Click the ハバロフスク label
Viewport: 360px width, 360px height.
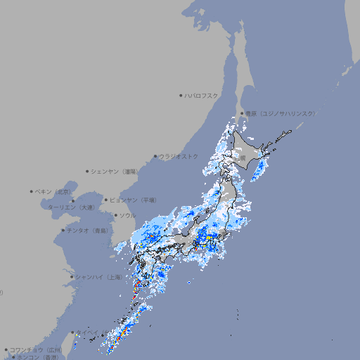tap(202, 95)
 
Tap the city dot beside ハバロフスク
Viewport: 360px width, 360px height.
tap(181, 95)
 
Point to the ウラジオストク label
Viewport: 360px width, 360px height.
tap(179, 156)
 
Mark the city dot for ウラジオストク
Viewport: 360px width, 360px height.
tap(155, 156)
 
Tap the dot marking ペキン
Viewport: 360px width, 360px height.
tap(32, 191)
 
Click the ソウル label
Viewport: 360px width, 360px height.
tap(127, 215)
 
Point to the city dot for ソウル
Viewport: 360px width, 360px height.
tap(115, 215)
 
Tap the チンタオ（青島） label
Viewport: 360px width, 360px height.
tap(88, 230)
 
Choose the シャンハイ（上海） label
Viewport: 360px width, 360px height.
tap(98, 277)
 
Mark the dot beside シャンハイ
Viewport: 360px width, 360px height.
tap(72, 277)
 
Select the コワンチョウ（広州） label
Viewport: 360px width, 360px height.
tap(35, 349)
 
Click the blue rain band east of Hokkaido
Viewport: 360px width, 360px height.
tap(258, 168)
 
